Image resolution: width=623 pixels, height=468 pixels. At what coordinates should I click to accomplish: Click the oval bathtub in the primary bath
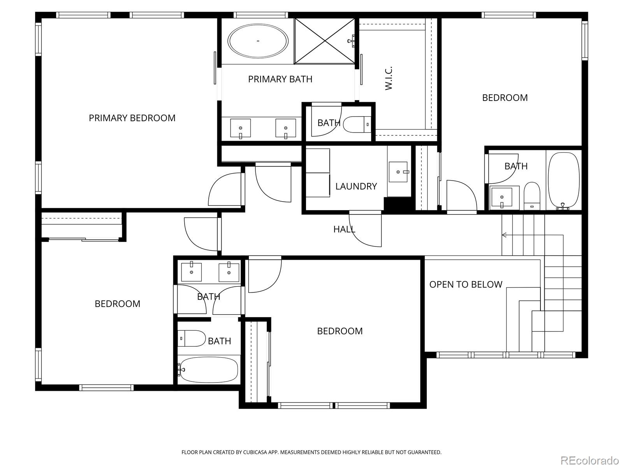click(258, 41)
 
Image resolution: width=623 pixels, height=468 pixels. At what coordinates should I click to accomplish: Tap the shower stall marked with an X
click(324, 41)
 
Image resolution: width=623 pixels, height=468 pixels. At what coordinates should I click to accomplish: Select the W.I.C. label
click(389, 78)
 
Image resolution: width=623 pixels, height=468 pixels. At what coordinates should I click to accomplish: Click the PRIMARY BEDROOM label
click(132, 118)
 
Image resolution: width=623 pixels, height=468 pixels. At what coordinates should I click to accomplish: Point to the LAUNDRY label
click(356, 186)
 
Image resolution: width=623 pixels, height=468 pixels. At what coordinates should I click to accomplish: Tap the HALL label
click(344, 229)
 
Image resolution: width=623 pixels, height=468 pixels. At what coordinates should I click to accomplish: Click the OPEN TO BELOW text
click(466, 284)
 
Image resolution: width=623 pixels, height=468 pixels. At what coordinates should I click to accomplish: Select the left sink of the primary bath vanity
click(240, 128)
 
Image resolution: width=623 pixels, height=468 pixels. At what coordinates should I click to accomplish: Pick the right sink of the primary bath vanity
click(285, 128)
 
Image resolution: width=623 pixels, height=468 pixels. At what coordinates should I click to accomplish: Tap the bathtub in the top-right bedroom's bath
click(563, 180)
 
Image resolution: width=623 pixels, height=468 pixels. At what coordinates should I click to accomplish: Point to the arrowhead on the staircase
click(504, 235)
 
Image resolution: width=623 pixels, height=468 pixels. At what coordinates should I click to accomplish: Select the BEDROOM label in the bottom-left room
click(117, 304)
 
